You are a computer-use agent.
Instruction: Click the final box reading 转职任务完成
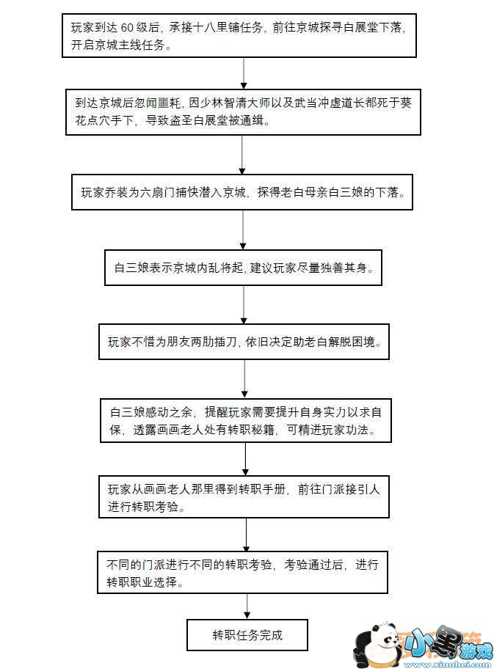click(247, 635)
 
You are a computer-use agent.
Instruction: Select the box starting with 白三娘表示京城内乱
click(243, 268)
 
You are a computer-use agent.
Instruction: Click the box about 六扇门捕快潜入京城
click(242, 194)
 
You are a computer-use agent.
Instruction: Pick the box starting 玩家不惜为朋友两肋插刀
click(244, 342)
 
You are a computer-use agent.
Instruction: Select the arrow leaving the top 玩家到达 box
click(243, 72)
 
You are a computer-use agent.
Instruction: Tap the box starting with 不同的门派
click(243, 573)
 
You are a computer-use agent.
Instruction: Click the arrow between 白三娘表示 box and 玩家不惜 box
click(244, 304)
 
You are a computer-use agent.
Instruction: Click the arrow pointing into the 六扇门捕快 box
click(243, 154)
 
